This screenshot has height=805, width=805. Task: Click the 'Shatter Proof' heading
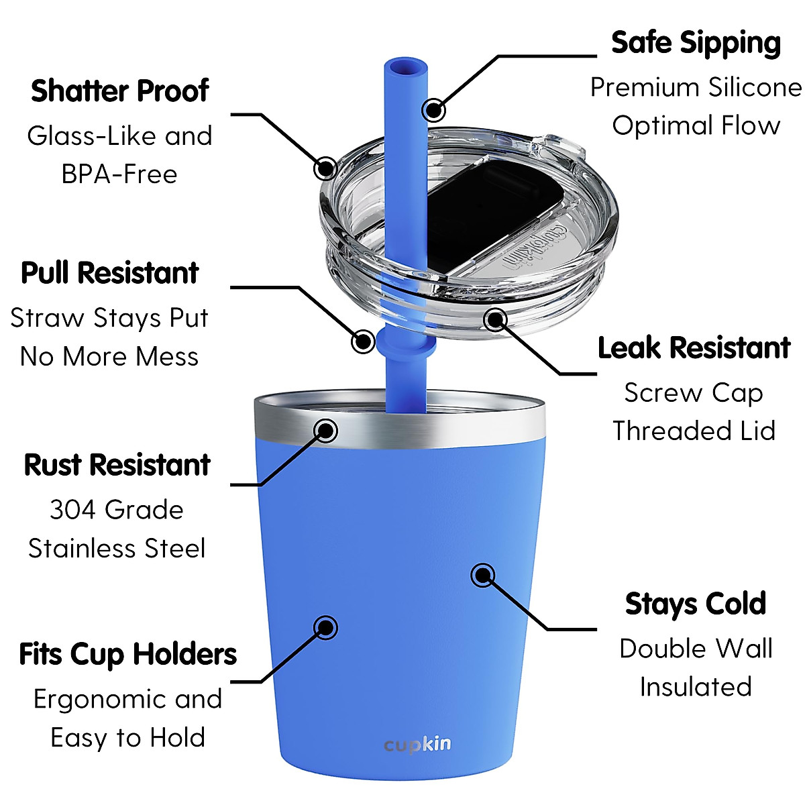click(119, 91)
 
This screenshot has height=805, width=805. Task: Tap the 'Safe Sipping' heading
click(696, 44)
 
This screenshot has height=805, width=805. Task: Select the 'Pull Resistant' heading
click(109, 273)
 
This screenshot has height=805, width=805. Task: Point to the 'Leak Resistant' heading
click(694, 348)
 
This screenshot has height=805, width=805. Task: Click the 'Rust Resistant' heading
click(117, 465)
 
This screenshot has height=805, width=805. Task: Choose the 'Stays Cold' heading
click(696, 604)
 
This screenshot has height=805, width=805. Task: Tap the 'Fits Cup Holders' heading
click(127, 654)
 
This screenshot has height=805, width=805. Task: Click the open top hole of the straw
click(406, 68)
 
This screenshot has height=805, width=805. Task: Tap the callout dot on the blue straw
click(434, 109)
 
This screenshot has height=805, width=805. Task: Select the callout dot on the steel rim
click(326, 430)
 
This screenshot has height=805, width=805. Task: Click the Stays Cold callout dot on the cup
click(483, 575)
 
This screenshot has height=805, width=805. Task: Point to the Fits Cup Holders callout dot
click(326, 627)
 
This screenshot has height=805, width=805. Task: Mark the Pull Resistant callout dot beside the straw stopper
click(363, 341)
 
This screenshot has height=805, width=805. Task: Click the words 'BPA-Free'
click(119, 174)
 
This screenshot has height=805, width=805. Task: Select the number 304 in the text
click(72, 511)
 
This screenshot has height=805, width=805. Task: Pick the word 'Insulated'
click(696, 687)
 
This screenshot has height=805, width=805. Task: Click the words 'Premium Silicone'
click(696, 88)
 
